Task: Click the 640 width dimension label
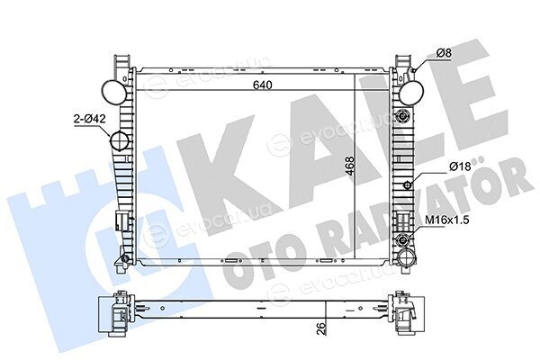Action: (263, 85)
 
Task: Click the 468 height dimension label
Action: (349, 166)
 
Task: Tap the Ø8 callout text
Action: (444, 53)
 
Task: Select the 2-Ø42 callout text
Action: (89, 119)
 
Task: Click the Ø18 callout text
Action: (460, 166)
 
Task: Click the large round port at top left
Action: (114, 92)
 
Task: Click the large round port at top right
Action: (411, 93)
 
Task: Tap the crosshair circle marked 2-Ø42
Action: (119, 140)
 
